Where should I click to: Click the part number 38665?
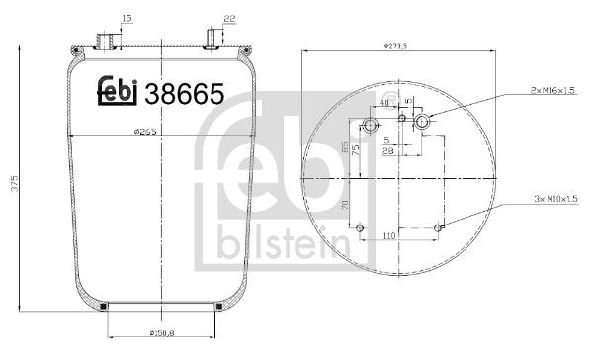(185, 94)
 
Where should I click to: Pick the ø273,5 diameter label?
(397, 45)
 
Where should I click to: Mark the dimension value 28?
(392, 151)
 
